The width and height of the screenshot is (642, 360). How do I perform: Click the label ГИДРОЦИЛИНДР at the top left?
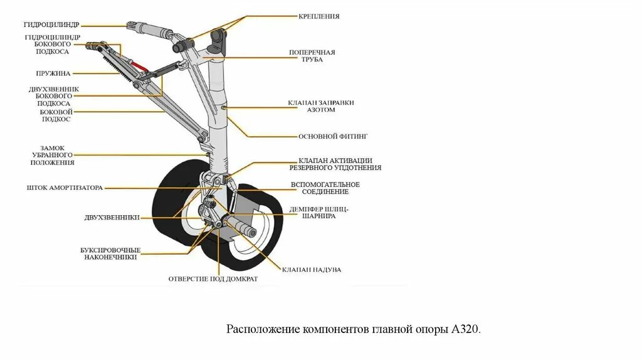pyautogui.click(x=51, y=26)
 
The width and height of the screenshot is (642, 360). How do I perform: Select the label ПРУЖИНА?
pyautogui.click(x=53, y=73)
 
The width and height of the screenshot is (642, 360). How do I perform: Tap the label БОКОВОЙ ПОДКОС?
pyautogui.click(x=55, y=115)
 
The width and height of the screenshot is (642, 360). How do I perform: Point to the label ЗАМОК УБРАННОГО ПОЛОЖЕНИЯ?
pyautogui.click(x=53, y=155)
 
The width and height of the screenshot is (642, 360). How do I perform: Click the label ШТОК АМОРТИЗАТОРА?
pyautogui.click(x=65, y=188)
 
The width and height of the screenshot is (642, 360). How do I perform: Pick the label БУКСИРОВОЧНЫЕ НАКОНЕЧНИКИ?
pyautogui.click(x=110, y=253)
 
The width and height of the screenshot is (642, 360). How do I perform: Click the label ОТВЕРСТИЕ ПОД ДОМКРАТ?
pyautogui.click(x=213, y=278)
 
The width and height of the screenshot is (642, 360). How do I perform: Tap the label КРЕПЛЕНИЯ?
pyautogui.click(x=319, y=16)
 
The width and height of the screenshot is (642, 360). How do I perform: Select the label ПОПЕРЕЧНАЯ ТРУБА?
pyautogui.click(x=312, y=56)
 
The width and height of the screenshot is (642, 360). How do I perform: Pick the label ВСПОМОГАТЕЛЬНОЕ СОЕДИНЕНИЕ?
pyautogui.click(x=325, y=188)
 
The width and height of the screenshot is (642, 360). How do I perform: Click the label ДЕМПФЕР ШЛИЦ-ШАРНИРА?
pyautogui.click(x=318, y=212)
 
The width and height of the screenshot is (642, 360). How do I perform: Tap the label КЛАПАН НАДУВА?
pyautogui.click(x=311, y=269)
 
